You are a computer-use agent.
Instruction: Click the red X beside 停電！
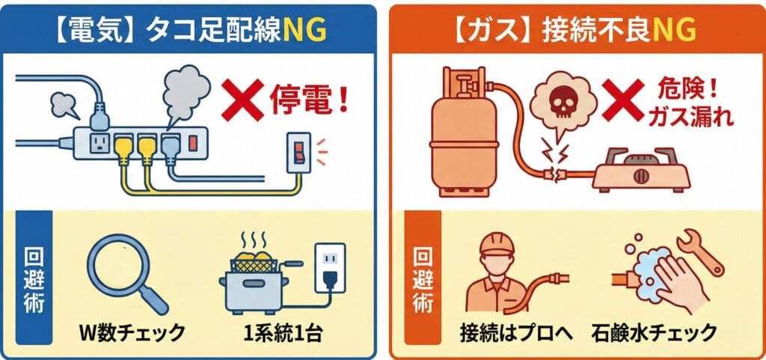[242, 100]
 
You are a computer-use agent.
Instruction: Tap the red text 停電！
[310, 101]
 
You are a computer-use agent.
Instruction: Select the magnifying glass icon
[126, 272]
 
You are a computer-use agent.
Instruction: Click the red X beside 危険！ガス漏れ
[623, 100]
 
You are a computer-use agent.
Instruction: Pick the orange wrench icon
[699, 252]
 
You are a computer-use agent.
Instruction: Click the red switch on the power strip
[192, 142]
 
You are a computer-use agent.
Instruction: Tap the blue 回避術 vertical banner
[34, 278]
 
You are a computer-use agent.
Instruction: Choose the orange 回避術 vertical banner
[423, 278]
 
